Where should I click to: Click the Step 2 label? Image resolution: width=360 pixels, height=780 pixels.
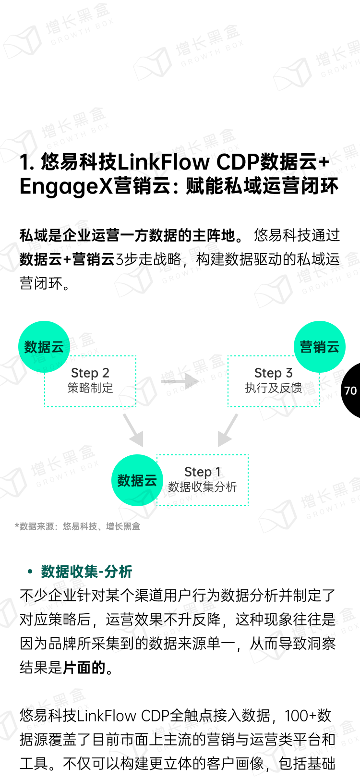tap(90, 373)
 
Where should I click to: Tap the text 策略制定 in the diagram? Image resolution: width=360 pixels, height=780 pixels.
tap(90, 388)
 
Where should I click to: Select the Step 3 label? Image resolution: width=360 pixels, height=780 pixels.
tap(273, 373)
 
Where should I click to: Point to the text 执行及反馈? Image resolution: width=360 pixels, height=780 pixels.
tap(273, 388)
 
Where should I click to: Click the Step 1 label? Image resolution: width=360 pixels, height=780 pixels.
tap(202, 472)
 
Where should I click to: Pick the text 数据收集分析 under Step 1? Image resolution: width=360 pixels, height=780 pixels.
tap(202, 487)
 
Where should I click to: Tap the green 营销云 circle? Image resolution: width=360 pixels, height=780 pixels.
tap(319, 347)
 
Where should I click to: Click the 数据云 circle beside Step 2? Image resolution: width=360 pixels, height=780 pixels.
tap(44, 347)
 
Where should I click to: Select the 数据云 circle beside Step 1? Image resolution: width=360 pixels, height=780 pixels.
tap(137, 480)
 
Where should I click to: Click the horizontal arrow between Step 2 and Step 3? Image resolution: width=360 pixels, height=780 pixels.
tap(180, 381)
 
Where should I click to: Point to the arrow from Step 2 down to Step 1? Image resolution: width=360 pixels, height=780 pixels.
tap(133, 430)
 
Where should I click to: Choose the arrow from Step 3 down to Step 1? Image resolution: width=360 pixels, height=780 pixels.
tap(228, 430)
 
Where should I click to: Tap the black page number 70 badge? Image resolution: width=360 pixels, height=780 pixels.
tap(351, 390)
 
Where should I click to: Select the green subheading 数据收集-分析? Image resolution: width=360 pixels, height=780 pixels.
tap(86, 572)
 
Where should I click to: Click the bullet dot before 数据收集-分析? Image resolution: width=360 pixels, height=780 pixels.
tap(30, 572)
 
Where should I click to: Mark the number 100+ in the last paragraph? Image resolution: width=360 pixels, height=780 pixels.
tap(300, 716)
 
